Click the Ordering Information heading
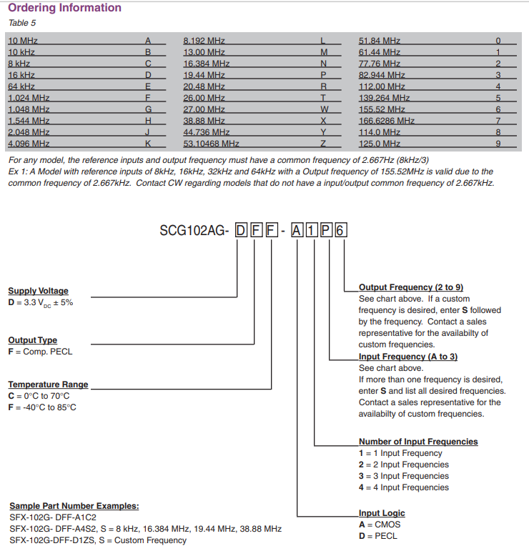(x=64, y=8)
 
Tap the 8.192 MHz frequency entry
(x=204, y=41)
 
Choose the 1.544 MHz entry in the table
(x=29, y=121)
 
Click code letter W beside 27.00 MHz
(x=323, y=109)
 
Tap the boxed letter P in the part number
(x=327, y=231)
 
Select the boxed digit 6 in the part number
(x=342, y=231)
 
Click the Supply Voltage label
(x=38, y=291)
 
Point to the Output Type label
(x=32, y=340)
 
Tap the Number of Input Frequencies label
(x=418, y=442)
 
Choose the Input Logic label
(x=382, y=513)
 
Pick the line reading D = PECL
(x=378, y=536)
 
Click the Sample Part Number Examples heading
(x=74, y=506)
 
